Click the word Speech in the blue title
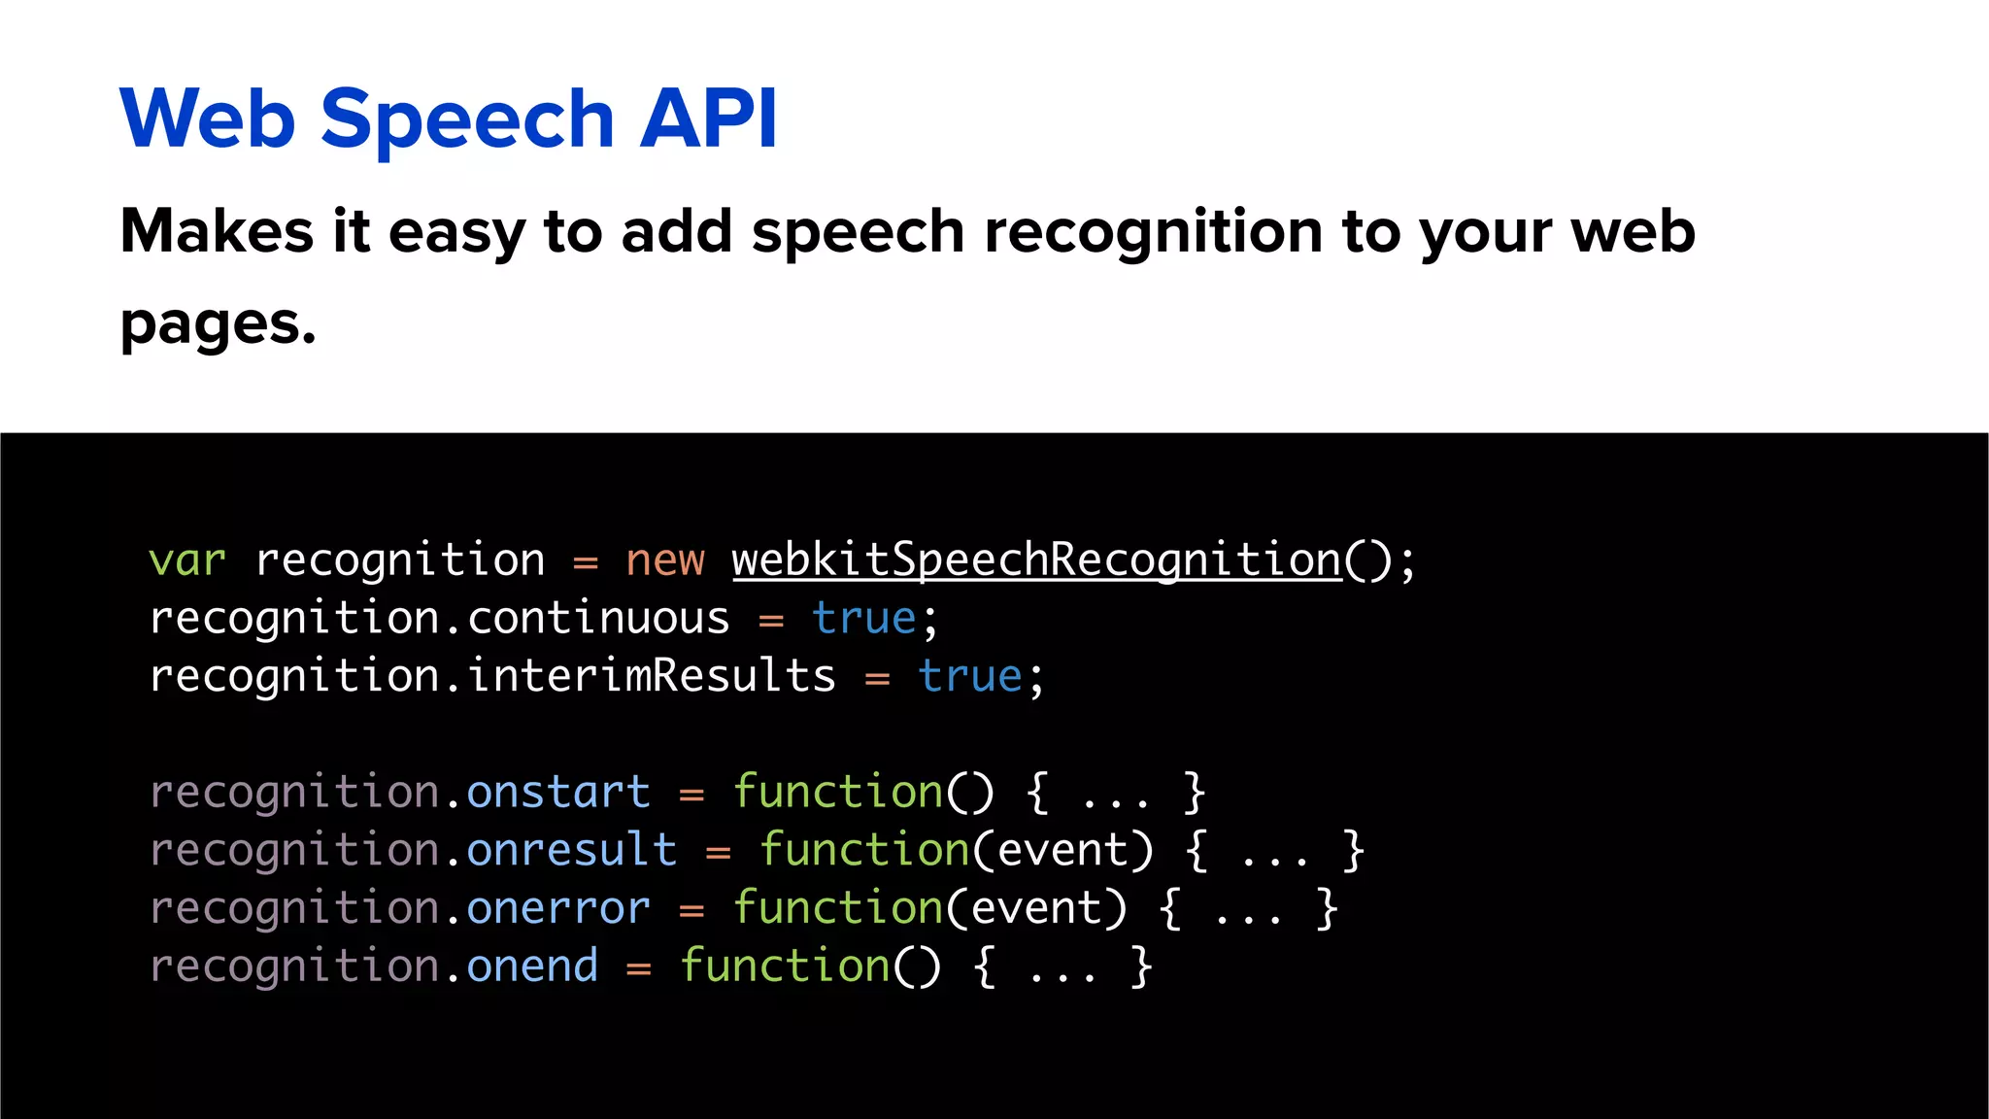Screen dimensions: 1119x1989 467,119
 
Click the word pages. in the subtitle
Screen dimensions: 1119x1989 218,325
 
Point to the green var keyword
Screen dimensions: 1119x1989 187,560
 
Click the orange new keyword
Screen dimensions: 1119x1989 665,560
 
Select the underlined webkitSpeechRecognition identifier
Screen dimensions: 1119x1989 1036,560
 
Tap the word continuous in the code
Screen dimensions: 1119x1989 598,619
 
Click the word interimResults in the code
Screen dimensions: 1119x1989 651,676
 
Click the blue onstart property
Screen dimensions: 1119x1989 558,792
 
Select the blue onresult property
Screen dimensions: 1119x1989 571,850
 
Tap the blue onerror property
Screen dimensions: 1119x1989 558,908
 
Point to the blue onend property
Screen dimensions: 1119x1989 532,966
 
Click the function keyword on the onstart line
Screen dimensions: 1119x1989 837,792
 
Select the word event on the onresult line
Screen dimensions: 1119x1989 1062,850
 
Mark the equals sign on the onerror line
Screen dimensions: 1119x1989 691,911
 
